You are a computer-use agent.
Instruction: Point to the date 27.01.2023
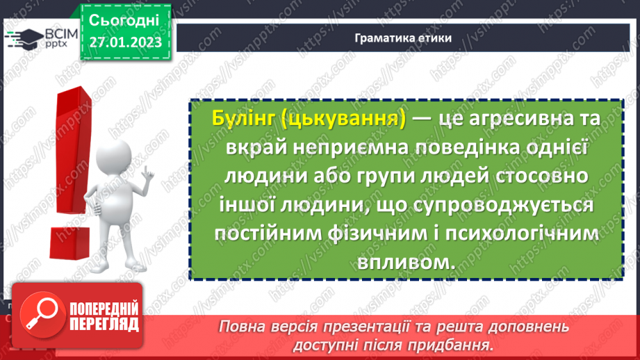[125, 42]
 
